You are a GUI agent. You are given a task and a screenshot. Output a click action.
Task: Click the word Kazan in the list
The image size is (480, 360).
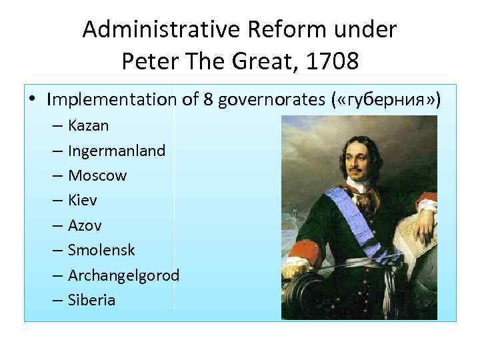click(x=89, y=125)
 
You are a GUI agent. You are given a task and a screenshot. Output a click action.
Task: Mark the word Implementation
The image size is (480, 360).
click(x=110, y=100)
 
